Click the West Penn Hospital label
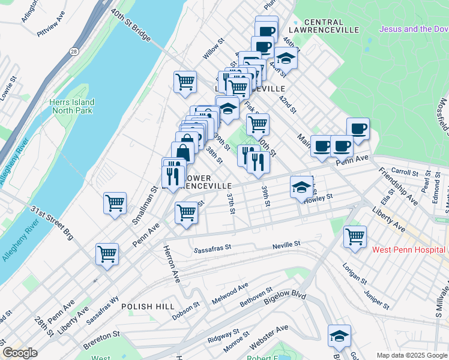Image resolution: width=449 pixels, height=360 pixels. click(x=409, y=250)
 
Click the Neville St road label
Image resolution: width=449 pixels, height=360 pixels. click(x=285, y=244)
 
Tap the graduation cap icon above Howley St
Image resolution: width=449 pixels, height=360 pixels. click(x=301, y=187)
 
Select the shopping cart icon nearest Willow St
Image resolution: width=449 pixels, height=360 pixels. click(x=185, y=81)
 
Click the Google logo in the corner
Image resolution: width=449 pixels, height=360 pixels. click(x=20, y=353)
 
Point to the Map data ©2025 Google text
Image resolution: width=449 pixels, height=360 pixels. click(x=411, y=355)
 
